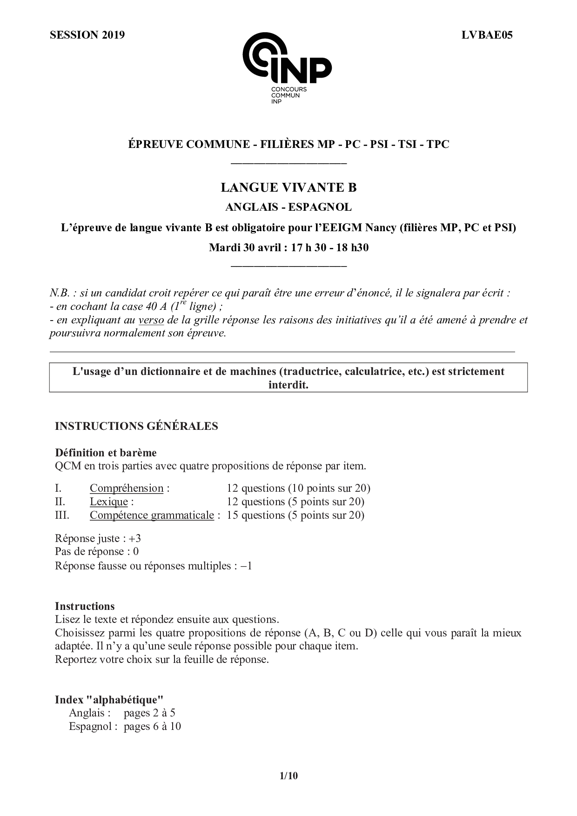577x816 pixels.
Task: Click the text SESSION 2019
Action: tap(87, 35)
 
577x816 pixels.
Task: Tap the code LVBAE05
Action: tap(487, 35)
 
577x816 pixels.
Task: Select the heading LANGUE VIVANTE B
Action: tap(288, 187)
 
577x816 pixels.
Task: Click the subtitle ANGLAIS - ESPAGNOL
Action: tap(288, 207)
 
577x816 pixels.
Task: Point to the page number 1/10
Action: tap(288, 776)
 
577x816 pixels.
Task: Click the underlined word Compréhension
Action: tap(127, 488)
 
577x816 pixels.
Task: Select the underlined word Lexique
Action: tap(109, 502)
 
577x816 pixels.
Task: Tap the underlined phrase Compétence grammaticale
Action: tap(152, 515)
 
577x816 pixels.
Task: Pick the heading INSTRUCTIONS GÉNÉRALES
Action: tap(136, 426)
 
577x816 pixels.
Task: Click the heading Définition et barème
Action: tap(106, 453)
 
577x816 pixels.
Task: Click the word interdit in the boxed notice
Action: tap(288, 385)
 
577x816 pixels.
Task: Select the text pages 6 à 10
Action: tap(152, 727)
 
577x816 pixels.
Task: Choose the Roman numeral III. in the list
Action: tap(62, 515)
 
